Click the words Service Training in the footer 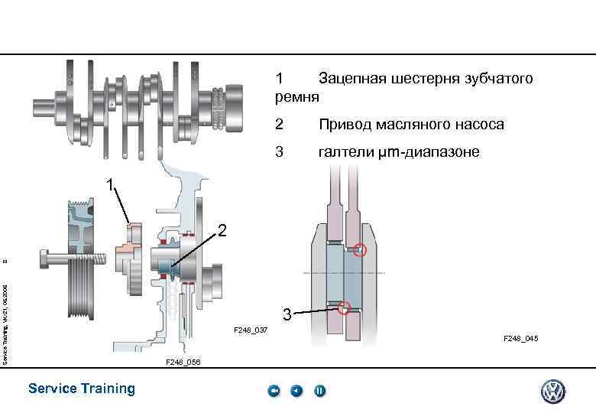[81, 389]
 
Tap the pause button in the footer [319, 391]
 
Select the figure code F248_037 [251, 330]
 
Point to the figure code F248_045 [520, 338]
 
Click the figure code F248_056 [183, 362]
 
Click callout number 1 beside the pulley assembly [112, 185]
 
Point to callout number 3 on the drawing [286, 314]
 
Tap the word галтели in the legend [345, 152]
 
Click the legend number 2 [279, 124]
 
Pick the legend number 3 [279, 152]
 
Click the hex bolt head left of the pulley [47, 261]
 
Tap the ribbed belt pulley [80, 286]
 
